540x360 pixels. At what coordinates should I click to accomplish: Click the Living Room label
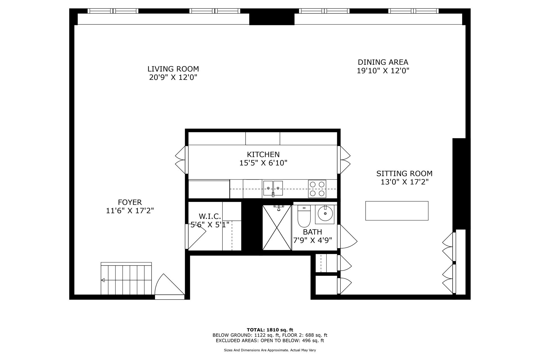point(173,69)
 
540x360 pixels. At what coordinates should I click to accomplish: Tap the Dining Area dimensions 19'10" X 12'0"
point(383,71)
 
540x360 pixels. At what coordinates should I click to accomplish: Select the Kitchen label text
point(263,154)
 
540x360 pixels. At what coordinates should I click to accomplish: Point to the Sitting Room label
point(404,174)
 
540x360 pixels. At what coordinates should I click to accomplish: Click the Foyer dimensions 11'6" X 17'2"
point(130,211)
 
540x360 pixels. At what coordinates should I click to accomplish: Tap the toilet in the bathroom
point(304,216)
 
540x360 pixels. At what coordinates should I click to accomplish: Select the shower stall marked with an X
point(277,228)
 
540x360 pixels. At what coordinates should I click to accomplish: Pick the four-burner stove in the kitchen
point(317,189)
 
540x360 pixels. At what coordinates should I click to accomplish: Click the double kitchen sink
point(273,188)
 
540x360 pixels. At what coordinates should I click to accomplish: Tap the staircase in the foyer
point(126,278)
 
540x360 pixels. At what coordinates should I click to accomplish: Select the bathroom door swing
point(347,237)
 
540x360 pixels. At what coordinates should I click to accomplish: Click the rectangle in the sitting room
point(397,211)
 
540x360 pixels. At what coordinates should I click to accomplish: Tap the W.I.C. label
point(210,217)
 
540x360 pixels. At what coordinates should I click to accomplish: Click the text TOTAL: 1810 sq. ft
point(270,330)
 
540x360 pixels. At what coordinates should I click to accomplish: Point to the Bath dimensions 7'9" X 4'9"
point(312,240)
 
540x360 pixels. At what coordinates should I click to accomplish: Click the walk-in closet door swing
point(196,237)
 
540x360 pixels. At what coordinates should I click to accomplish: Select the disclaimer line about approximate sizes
point(270,350)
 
